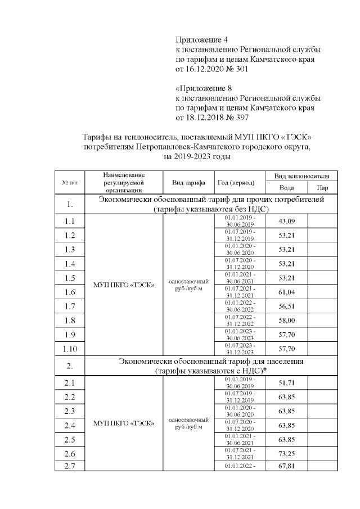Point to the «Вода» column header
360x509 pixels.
click(286, 188)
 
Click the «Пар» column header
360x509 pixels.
click(323, 188)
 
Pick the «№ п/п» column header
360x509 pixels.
click(70, 182)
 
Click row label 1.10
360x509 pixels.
click(70, 349)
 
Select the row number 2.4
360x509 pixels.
click(70, 425)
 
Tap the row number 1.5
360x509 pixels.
click(70, 278)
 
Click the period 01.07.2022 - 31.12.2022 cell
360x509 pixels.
click(240, 319)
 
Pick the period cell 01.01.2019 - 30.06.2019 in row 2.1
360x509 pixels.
click(240, 382)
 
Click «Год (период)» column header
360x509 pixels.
click(236, 182)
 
